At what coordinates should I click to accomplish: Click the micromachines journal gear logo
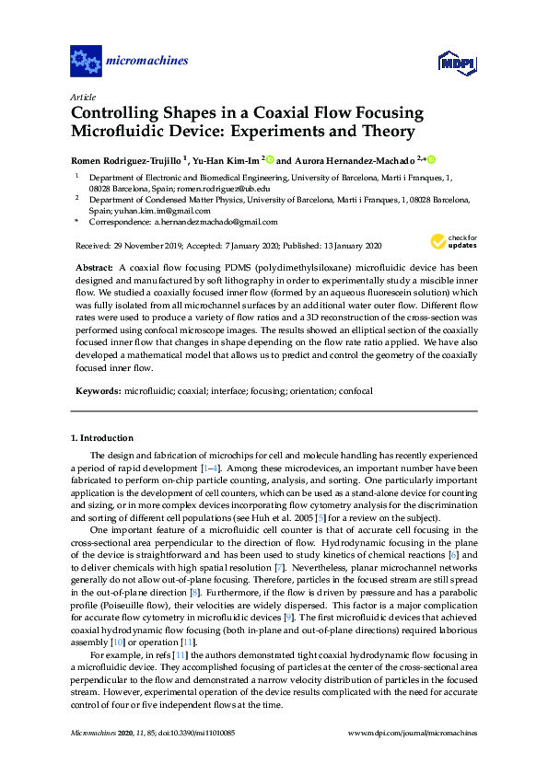click(x=86, y=62)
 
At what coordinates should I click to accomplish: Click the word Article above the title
click(x=83, y=97)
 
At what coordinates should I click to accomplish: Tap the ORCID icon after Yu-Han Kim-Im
click(x=271, y=158)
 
